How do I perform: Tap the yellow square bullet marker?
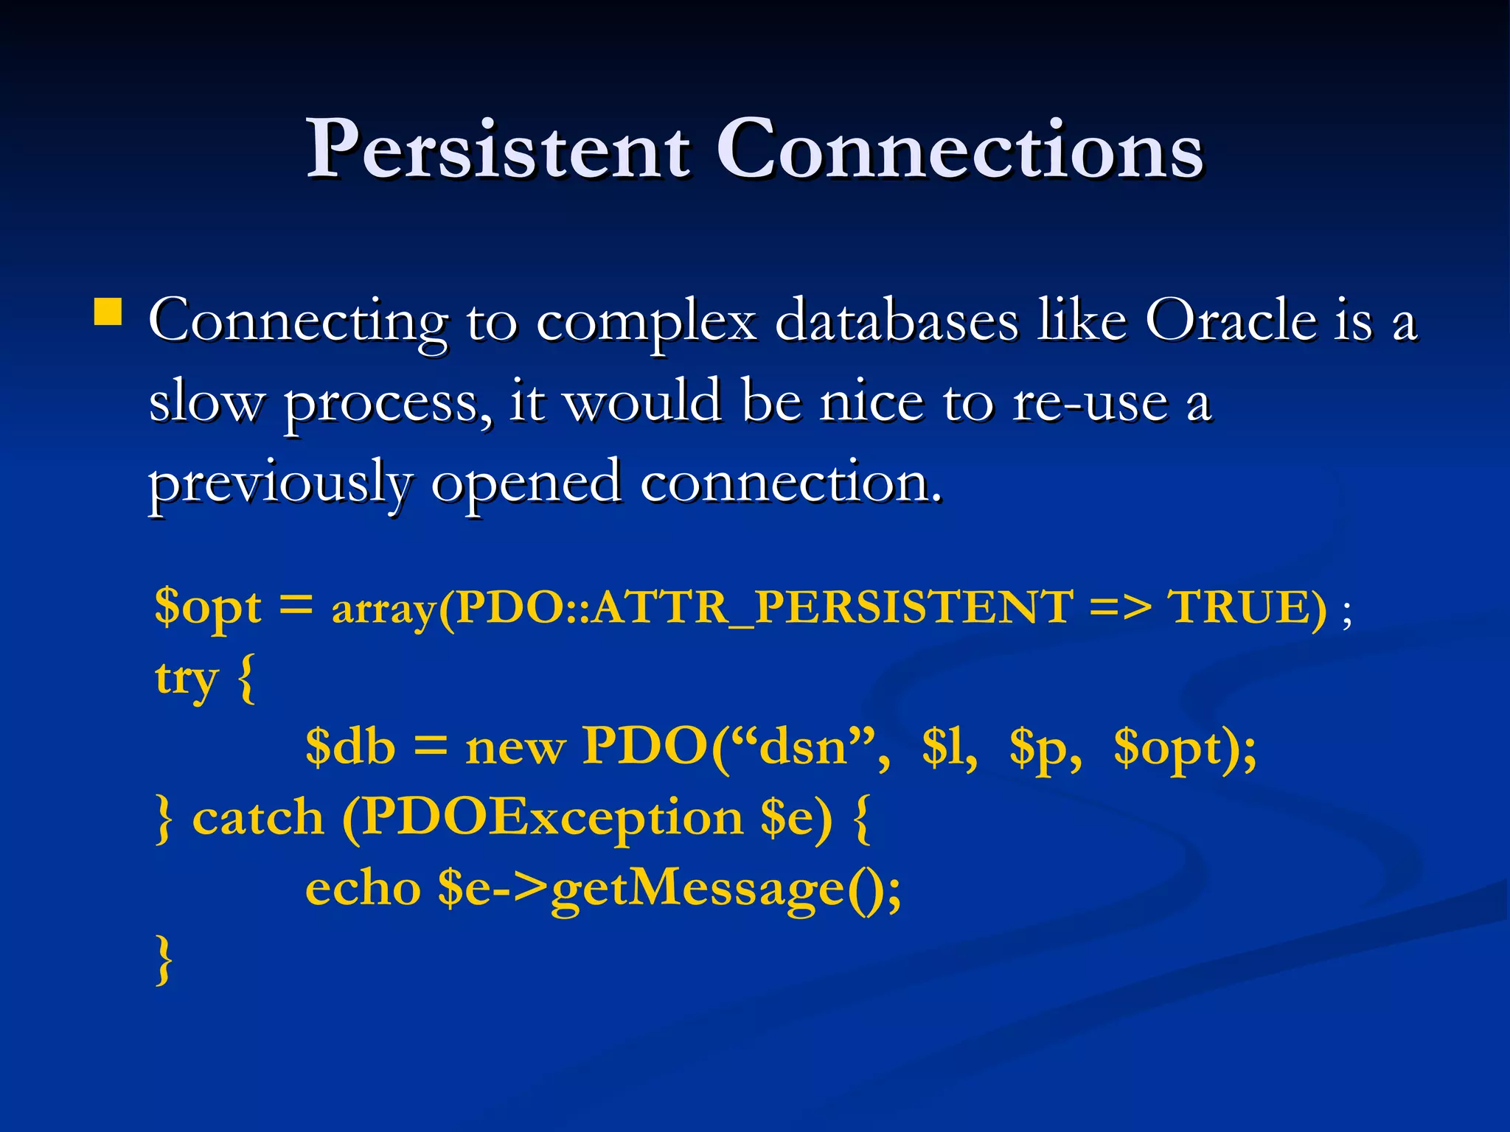(108, 312)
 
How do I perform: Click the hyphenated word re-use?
(1091, 402)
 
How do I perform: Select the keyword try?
(187, 678)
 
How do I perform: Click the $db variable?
(350, 747)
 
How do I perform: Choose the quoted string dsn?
(802, 747)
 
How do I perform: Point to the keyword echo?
(363, 888)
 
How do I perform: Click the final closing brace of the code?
(164, 959)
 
